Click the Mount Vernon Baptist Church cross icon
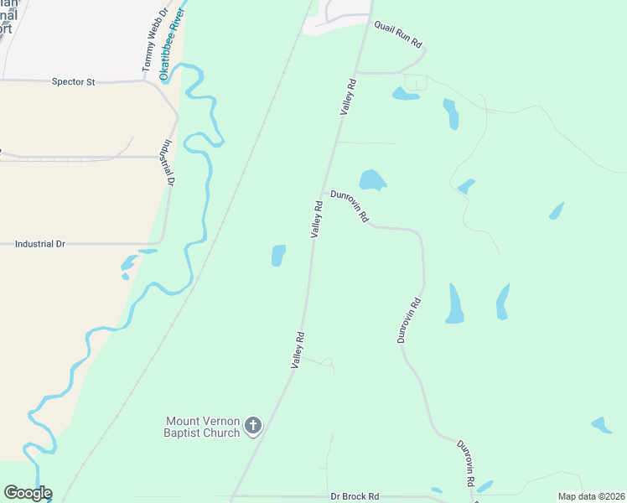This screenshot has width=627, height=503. pos(253,428)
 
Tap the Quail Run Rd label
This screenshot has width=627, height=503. pos(398,34)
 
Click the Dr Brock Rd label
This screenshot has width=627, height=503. pos(355,495)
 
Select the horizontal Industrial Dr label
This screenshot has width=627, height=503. pos(40,244)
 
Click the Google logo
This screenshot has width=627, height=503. pos(28,493)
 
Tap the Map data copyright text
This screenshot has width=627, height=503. pos(590,496)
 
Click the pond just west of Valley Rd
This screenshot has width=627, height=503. pos(278,256)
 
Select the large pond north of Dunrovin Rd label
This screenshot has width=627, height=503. pos(371,180)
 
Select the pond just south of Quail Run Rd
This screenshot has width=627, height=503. pos(405,94)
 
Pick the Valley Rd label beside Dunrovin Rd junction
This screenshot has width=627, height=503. pos(317,220)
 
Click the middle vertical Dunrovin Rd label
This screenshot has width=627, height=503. pos(409,320)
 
